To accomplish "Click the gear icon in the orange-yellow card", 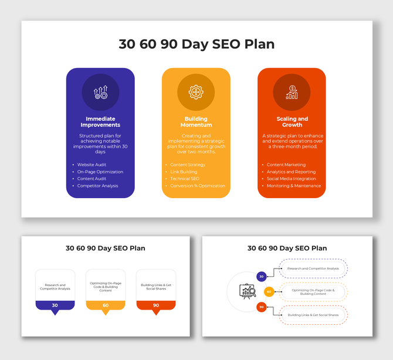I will (x=196, y=92).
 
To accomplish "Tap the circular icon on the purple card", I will (x=100, y=92).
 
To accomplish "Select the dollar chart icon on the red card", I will (x=292, y=92).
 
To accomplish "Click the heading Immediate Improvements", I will (x=100, y=122).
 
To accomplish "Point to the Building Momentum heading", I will (x=196, y=122).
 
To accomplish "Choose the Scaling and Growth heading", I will (x=292, y=122).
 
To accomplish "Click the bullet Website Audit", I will (x=92, y=165).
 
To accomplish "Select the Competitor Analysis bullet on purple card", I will (x=97, y=186).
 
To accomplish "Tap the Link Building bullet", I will (x=184, y=172).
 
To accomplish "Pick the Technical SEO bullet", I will (x=185, y=179).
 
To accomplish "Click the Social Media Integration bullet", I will (x=291, y=179).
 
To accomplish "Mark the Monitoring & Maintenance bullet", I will (x=294, y=186).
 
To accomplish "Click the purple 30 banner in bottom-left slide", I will (x=55, y=305).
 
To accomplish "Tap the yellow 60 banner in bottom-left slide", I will (x=106, y=305).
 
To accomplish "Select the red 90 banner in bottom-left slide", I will (x=156, y=305).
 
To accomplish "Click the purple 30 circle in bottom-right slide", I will (x=262, y=276).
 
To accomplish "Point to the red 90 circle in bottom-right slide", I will (x=262, y=307).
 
